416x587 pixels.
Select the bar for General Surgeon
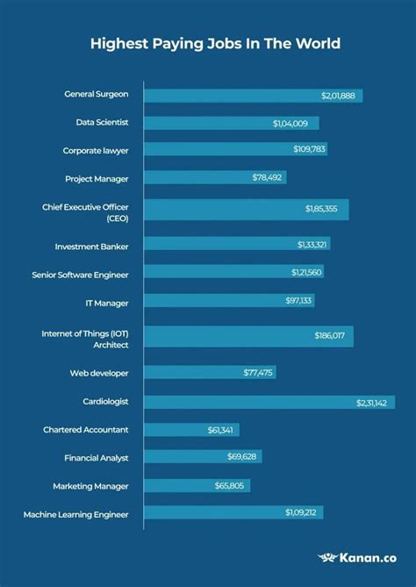[253, 95]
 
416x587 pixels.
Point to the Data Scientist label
[97, 123]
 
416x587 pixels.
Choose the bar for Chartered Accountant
[191, 430]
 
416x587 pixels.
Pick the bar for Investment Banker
[237, 244]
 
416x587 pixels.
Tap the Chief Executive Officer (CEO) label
[85, 211]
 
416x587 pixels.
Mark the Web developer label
[99, 373]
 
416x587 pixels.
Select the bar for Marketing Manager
[197, 485]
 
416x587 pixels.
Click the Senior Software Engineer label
[80, 275]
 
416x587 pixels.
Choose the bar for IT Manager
[229, 301]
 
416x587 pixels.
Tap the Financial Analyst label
[96, 458]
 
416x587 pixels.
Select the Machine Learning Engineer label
[75, 513]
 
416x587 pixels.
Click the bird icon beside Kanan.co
[328, 557]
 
